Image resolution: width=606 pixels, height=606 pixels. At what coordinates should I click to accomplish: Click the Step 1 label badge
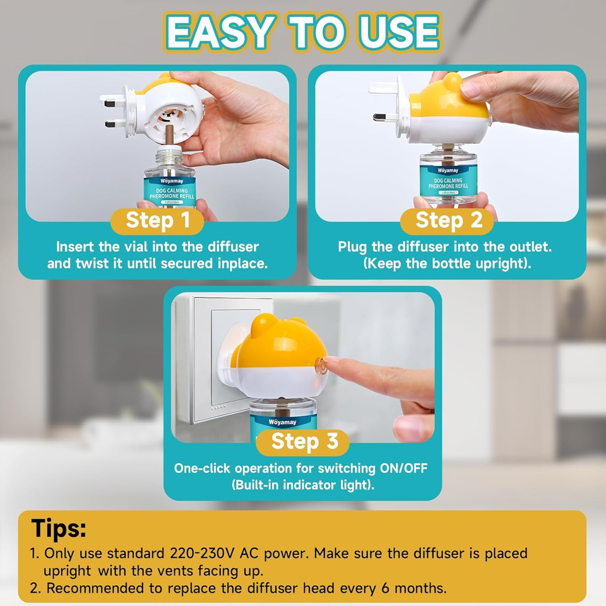[x=157, y=221]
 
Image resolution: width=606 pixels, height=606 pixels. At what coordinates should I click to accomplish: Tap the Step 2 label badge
[x=448, y=221]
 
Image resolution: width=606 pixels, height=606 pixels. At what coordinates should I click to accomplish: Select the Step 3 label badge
[x=304, y=443]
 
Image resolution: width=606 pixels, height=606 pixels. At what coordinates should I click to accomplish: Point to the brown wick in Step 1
[x=170, y=136]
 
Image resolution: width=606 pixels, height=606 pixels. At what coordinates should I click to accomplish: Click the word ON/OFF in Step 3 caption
[x=405, y=468]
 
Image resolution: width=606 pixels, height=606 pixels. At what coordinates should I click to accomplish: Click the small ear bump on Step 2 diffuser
[x=451, y=81]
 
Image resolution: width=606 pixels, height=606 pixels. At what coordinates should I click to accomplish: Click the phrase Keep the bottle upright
[x=448, y=263]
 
